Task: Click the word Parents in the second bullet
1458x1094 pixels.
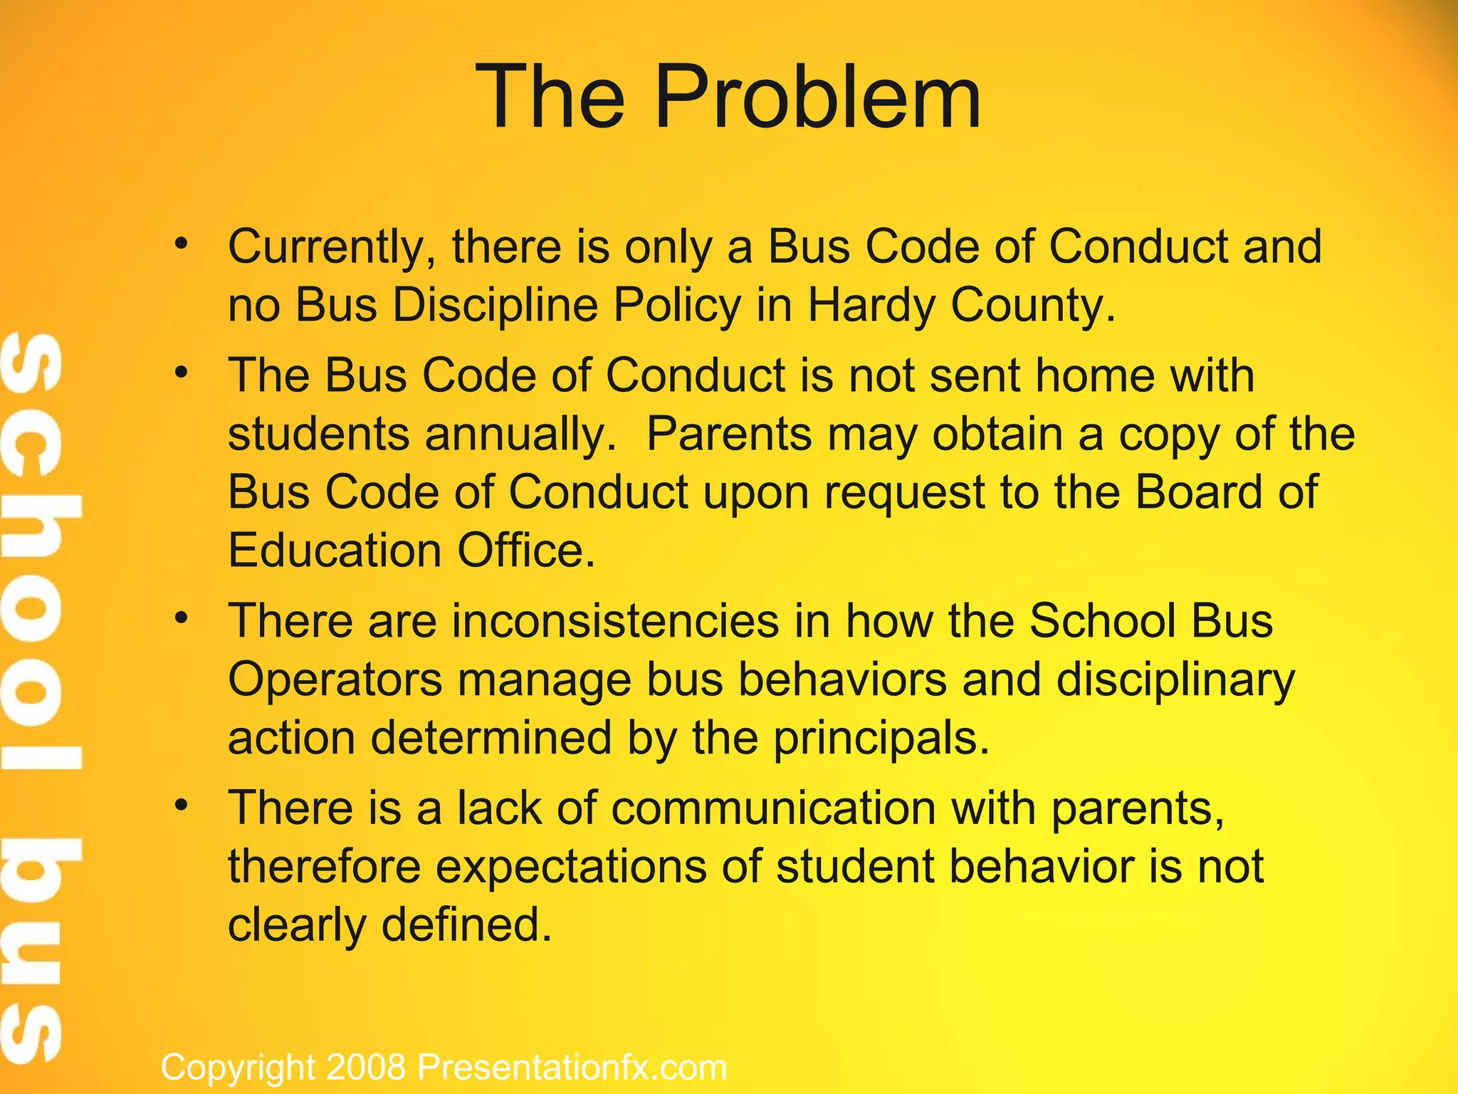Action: click(729, 434)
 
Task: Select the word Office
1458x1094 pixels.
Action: click(525, 551)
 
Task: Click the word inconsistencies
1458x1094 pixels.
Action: click(616, 620)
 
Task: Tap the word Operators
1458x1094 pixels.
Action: click(335, 679)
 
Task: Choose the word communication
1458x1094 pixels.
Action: click(773, 808)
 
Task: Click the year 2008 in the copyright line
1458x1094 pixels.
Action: click(366, 1068)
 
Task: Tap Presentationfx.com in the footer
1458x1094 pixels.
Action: click(572, 1068)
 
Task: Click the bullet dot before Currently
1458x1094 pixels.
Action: click(182, 244)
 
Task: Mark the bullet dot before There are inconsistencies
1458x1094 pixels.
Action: click(182, 618)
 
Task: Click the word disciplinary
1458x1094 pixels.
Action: click(1175, 679)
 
